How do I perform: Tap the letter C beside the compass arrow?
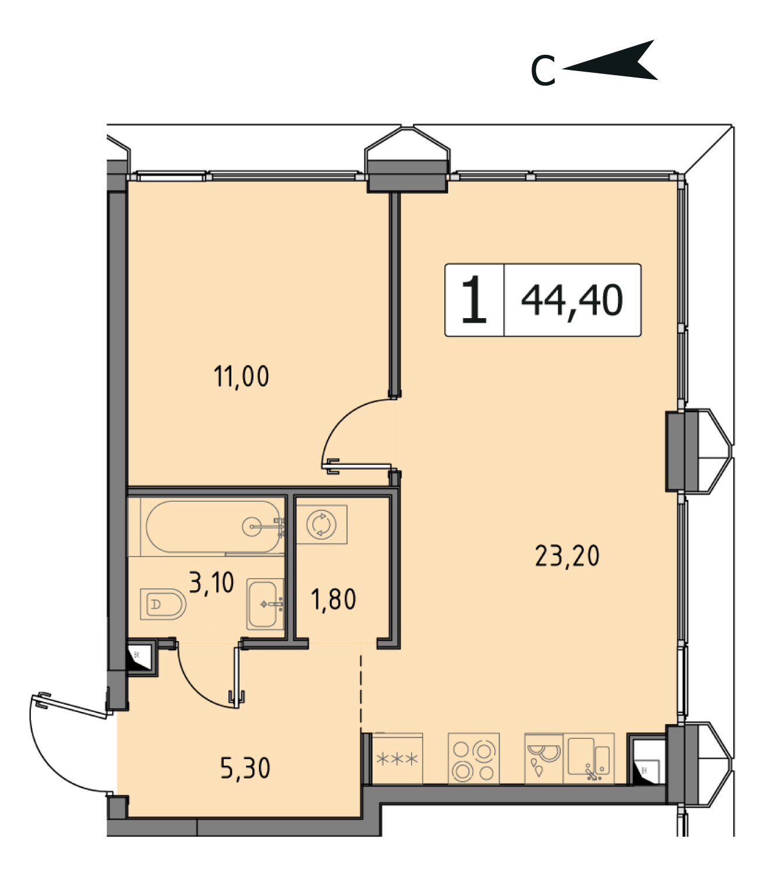[x=543, y=71]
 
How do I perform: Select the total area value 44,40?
[x=572, y=301]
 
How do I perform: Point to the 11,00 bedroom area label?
[x=241, y=376]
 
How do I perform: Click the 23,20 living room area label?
[x=567, y=556]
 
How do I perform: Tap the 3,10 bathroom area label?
[x=211, y=582]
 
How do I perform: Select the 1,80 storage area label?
[x=333, y=599]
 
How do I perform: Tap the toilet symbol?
[x=163, y=604]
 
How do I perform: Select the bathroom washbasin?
[x=265, y=604]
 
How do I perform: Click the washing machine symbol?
[x=321, y=524]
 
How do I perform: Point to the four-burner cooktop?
[x=473, y=758]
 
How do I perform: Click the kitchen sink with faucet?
[x=589, y=758]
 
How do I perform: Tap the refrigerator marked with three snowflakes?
[x=398, y=758]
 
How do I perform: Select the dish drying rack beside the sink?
[x=544, y=758]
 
